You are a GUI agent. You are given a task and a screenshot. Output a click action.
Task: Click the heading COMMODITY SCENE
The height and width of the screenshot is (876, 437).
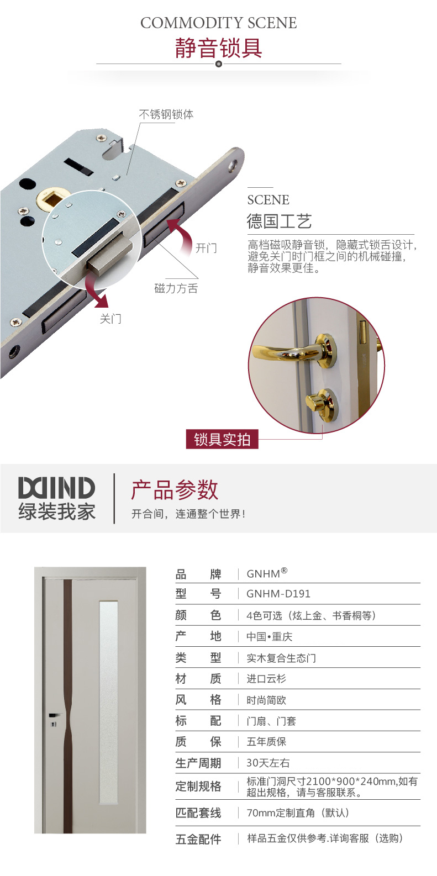coord(218,23)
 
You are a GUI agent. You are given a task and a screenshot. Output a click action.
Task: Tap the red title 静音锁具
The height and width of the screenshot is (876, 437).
coord(218,48)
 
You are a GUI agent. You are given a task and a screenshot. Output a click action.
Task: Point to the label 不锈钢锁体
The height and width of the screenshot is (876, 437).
coord(166,114)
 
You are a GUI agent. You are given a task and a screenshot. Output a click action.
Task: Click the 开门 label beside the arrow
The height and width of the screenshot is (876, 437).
coord(206,248)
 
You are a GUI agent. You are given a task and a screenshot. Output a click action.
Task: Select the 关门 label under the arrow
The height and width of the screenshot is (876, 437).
coord(110,319)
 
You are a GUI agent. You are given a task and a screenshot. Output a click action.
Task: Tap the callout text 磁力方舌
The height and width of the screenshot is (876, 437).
coord(176,288)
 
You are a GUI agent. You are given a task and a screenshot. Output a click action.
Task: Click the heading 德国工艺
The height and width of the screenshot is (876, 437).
coord(279,221)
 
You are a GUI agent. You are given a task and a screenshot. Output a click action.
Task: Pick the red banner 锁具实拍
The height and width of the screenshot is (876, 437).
coord(222,439)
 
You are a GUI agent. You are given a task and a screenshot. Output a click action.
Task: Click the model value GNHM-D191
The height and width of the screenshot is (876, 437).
coord(278,594)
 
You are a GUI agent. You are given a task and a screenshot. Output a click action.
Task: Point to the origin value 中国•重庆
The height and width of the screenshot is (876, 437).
coord(270,637)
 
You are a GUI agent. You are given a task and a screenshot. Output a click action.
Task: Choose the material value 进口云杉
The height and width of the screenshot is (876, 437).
coord(266,679)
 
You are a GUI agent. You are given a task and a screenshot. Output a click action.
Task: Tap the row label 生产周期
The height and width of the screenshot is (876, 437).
coord(198,763)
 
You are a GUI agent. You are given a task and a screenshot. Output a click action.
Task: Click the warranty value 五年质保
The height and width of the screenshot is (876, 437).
coord(266,742)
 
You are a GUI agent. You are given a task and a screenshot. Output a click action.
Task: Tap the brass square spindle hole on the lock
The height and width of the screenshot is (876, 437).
coord(50,199)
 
